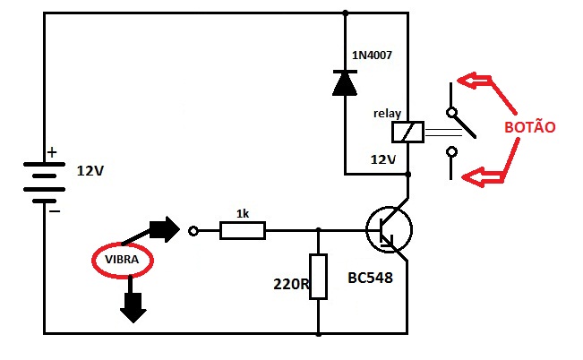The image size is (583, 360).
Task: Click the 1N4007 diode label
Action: [372, 56]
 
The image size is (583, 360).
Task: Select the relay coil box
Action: [407, 132]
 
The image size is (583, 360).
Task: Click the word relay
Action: [387, 114]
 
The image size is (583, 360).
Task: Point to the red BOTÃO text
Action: [530, 127]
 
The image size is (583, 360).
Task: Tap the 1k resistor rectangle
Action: [243, 230]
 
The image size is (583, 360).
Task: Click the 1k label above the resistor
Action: [243, 214]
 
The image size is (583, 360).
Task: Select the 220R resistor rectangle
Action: [318, 277]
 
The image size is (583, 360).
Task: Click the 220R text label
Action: [291, 284]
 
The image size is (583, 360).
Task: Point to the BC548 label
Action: [371, 278]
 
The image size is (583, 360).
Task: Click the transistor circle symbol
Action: [389, 230]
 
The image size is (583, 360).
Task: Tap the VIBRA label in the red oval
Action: [122, 259]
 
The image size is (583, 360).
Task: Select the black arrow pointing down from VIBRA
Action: [133, 299]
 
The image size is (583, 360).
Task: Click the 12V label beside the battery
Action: [90, 171]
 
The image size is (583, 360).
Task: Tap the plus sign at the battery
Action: [52, 152]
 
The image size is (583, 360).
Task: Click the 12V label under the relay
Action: [383, 160]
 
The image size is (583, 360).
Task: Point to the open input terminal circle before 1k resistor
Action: [193, 231]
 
